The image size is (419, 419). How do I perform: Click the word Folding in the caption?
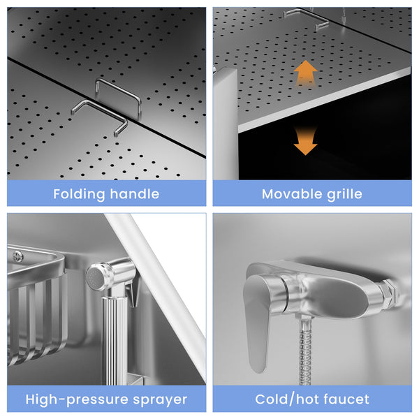coord(80,194)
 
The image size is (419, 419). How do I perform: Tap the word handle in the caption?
coord(135,193)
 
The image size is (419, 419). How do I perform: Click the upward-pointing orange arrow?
coord(305,73)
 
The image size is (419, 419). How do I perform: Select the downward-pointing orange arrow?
coord(305,142)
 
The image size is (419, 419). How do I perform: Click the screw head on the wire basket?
coord(18,257)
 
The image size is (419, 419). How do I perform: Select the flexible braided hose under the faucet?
coord(305,351)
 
